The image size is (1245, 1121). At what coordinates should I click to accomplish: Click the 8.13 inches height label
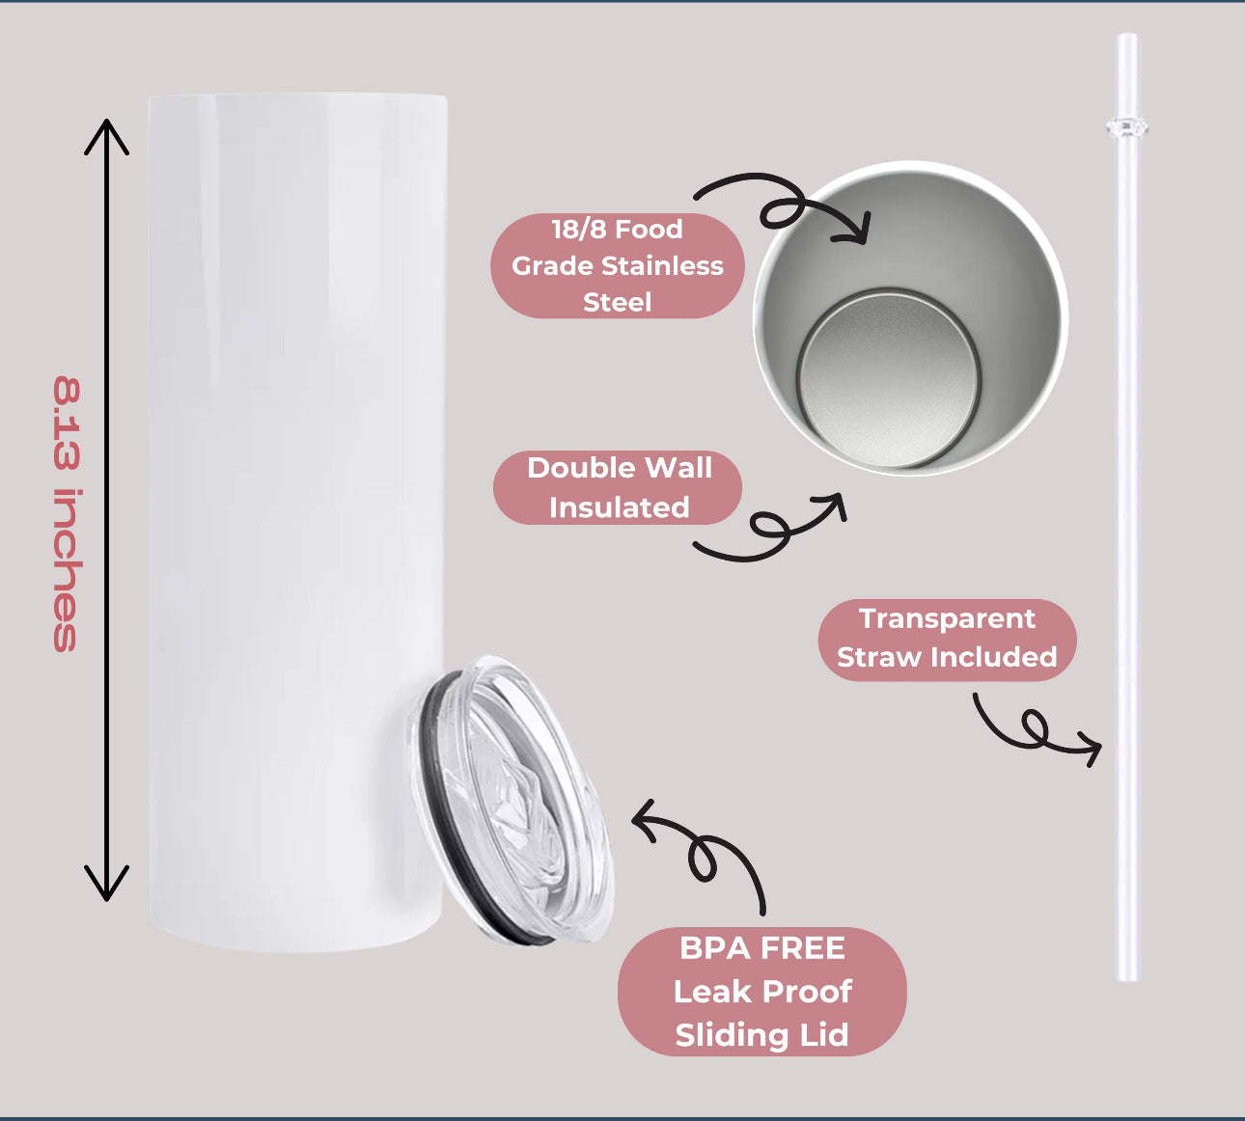click(x=66, y=514)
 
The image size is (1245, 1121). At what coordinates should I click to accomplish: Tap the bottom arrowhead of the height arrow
click(x=106, y=886)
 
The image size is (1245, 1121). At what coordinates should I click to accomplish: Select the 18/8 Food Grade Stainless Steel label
click(x=618, y=265)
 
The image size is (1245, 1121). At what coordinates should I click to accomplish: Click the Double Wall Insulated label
click(x=619, y=487)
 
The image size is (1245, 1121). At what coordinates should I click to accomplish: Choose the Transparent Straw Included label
click(x=946, y=638)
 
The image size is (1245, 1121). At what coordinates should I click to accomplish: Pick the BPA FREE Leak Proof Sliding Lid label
click(x=761, y=991)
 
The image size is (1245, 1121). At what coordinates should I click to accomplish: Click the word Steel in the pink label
click(x=618, y=302)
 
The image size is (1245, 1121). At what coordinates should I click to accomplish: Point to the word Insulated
click(x=619, y=507)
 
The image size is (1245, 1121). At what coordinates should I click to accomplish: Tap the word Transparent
click(x=946, y=618)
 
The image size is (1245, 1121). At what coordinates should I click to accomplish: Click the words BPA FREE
click(x=761, y=948)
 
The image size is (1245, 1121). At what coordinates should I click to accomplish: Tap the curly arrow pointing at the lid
click(x=705, y=849)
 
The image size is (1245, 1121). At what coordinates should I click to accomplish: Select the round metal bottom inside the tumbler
click(x=888, y=378)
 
